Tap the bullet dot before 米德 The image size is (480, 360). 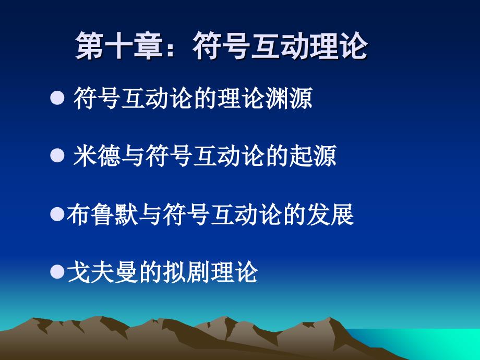point(57,155)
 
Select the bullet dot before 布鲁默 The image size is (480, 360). point(57,213)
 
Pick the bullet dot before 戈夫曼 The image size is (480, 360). point(57,271)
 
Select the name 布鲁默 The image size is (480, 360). point(102,214)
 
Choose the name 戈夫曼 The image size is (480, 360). point(102,272)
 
